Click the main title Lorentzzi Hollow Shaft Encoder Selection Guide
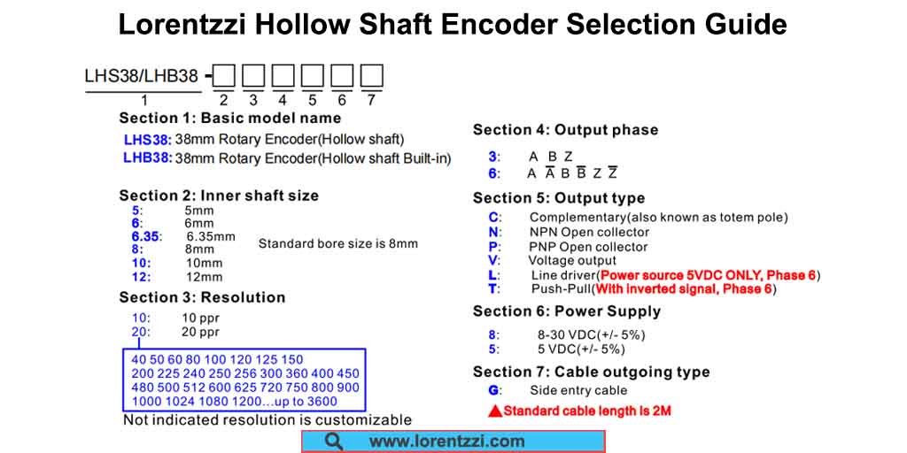click(453, 24)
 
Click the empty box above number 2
click(224, 76)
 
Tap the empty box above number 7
click(372, 76)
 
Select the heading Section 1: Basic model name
click(229, 118)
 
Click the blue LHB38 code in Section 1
click(147, 158)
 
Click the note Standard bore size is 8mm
click(337, 243)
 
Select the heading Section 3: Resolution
click(202, 297)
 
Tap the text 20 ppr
click(200, 332)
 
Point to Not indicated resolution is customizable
click(267, 419)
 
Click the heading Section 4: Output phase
click(565, 130)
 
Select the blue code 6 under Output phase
click(493, 173)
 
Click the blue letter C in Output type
click(493, 217)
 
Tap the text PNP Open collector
click(588, 247)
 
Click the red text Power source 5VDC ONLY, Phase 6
click(708, 275)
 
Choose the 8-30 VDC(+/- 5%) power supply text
click(591, 334)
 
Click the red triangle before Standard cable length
click(496, 411)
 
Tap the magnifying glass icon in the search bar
click(334, 441)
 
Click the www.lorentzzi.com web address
click(446, 441)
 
